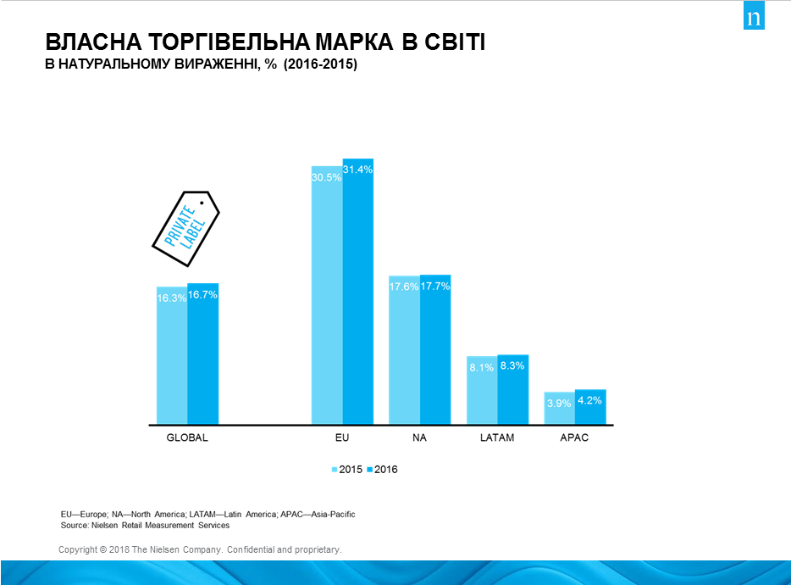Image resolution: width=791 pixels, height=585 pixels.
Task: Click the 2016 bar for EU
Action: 357,297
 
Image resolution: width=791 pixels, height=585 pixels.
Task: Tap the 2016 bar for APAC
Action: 590,411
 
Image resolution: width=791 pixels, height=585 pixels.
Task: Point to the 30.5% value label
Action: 327,177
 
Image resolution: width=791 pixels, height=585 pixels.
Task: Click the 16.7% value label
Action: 203,295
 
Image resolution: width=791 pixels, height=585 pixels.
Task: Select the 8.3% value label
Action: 512,365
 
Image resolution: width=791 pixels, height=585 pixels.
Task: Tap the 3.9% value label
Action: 559,403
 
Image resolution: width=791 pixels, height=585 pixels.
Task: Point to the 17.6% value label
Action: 404,287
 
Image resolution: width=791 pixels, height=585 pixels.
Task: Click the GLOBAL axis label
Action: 187,438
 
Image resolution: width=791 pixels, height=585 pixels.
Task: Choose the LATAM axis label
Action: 496,438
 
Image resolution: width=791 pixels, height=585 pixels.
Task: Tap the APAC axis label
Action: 574,438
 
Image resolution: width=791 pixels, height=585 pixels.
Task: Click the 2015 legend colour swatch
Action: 335,470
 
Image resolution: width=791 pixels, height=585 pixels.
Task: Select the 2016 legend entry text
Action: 386,470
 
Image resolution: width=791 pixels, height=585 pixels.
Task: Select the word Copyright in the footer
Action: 77,550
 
